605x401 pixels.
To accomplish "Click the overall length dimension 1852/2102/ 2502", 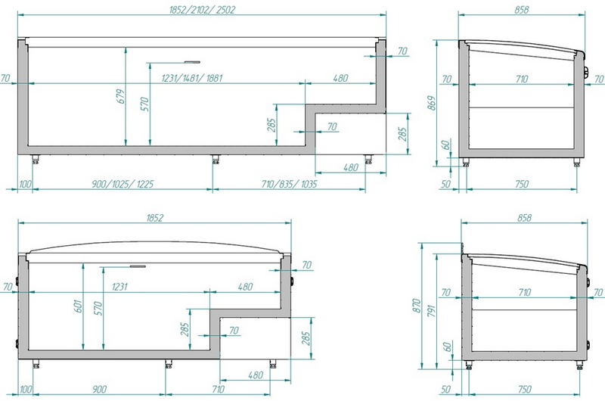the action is [202, 10].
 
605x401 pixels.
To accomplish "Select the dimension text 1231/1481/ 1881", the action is [192, 78].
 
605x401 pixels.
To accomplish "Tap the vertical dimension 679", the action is [121, 96].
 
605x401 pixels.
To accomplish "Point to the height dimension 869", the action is [432, 103].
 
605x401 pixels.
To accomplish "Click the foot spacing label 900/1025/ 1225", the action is [123, 184].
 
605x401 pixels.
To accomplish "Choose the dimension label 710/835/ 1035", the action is [289, 184].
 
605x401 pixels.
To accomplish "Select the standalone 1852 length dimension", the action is [155, 218].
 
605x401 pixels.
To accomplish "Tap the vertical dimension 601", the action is [79, 306].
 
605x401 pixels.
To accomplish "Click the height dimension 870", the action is [417, 306].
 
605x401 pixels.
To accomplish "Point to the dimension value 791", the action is [431, 311].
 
